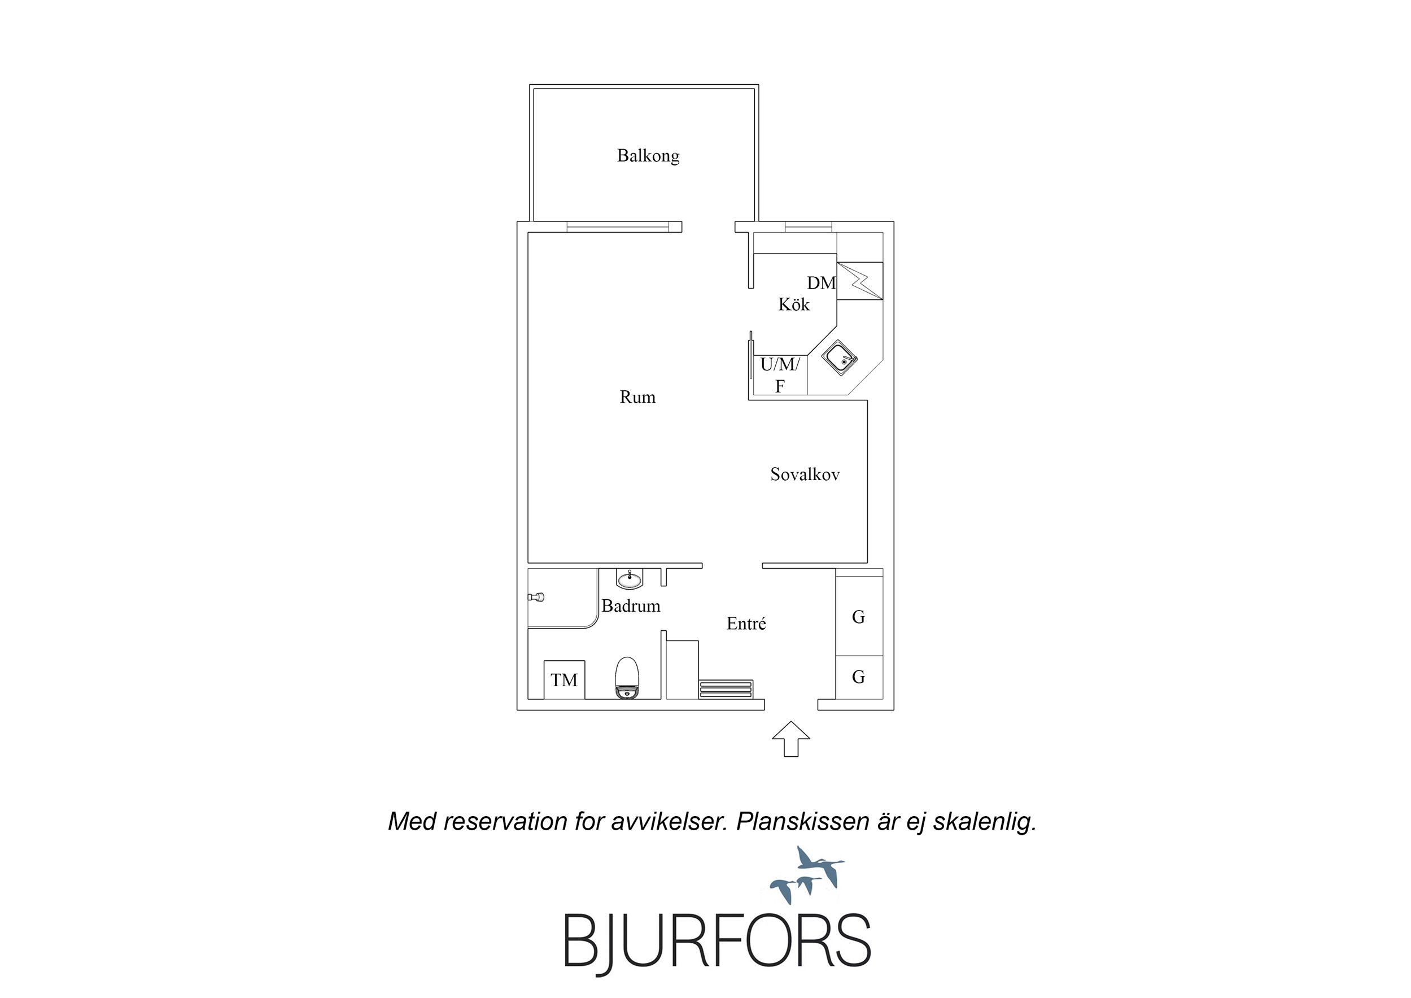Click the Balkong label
[648, 155]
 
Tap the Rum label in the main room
[637, 397]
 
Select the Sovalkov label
[805, 474]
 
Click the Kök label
[794, 304]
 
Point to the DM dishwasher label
[822, 283]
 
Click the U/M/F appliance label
[780, 375]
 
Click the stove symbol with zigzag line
[860, 281]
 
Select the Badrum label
[631, 606]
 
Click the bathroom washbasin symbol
[630, 578]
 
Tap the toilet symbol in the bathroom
[627, 678]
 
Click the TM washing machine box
[564, 679]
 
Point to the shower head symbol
[536, 596]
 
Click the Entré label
[746, 624]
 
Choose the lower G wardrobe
[859, 677]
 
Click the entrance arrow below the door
[791, 739]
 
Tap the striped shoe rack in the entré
[726, 689]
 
